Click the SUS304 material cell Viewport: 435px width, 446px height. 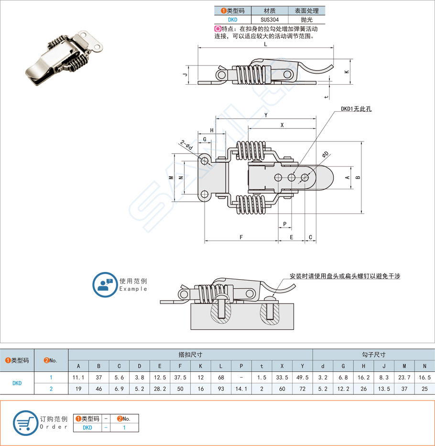(270, 20)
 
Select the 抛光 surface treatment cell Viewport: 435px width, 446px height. (306, 20)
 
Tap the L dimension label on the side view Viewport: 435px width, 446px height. (265, 44)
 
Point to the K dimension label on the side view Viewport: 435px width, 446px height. (347, 72)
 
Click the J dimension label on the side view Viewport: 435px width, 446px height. (184, 75)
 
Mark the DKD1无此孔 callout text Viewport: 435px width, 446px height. (356, 109)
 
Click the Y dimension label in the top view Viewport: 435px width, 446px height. (266, 115)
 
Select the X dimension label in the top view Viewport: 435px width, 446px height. (282, 125)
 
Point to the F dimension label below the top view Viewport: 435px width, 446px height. (241, 237)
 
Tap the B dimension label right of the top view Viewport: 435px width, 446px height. (358, 177)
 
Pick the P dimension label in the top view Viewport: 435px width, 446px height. (285, 224)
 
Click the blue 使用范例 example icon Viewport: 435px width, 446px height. (105, 285)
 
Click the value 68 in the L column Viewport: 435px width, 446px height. (221, 378)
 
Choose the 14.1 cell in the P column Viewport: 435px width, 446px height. (241, 389)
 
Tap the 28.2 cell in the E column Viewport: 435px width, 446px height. (160, 389)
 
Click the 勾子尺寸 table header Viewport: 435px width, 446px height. (373, 355)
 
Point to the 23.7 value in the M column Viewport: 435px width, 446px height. (404, 378)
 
